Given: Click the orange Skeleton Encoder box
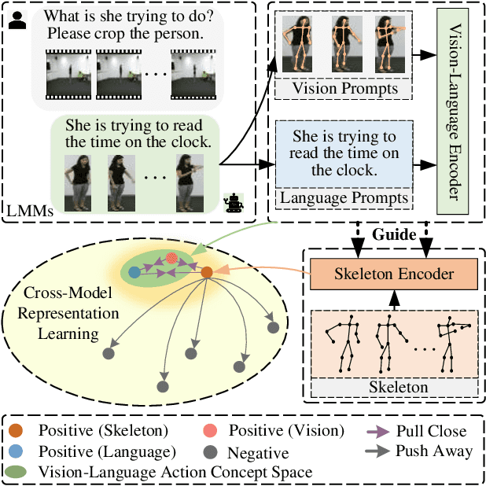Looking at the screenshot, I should [393, 274].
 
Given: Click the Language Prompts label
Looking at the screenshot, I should [344, 198].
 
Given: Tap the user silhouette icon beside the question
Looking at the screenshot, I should [16, 20].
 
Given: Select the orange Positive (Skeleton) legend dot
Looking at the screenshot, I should [17, 431].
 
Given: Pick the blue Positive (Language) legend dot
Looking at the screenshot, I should [17, 452].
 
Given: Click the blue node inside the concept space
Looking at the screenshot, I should [134, 272].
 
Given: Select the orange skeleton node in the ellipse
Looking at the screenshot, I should [207, 272].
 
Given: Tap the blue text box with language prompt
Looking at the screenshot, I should [344, 153].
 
